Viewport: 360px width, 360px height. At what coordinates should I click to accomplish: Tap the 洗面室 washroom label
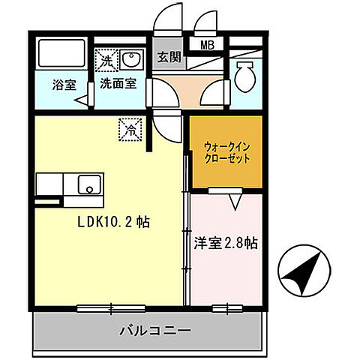pos(119,85)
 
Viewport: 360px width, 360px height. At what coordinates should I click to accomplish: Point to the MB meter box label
pos(207,45)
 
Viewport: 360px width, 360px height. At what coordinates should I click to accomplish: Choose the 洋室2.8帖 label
pos(226,243)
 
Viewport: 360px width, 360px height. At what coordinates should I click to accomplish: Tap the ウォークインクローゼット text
pos(226,153)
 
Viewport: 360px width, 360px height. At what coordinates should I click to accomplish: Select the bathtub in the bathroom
pos(62,54)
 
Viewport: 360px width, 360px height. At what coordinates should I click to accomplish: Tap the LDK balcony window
pos(110,307)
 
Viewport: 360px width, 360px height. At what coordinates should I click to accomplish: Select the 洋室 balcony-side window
pos(223,307)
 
